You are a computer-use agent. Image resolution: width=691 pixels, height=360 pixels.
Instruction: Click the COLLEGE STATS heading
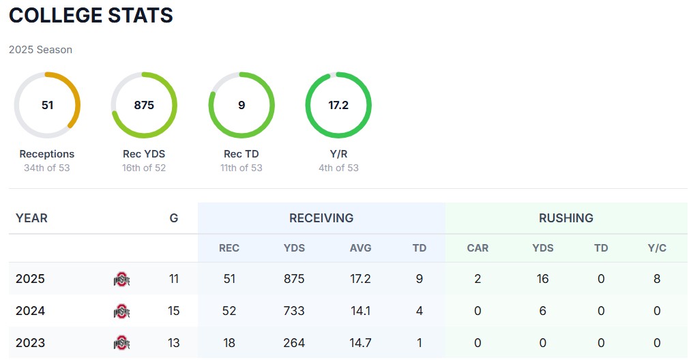(x=91, y=16)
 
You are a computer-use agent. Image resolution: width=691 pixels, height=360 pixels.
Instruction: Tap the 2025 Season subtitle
(x=40, y=50)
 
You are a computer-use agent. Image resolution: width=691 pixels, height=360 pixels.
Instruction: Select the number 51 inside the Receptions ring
(x=47, y=105)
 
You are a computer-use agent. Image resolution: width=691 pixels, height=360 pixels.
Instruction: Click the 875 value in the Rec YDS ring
(x=144, y=105)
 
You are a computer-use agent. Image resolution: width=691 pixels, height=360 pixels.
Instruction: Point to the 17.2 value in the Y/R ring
(x=338, y=105)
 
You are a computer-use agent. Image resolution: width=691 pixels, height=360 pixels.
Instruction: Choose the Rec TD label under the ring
(x=241, y=154)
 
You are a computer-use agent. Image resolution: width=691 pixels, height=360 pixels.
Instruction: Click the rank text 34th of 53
(x=47, y=168)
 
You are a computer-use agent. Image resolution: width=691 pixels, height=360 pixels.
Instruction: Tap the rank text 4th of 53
(x=338, y=168)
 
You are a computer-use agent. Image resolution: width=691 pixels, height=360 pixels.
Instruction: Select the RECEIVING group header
(x=321, y=218)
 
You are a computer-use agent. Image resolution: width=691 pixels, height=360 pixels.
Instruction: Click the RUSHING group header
(x=566, y=218)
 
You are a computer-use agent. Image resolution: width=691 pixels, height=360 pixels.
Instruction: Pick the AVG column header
(x=360, y=248)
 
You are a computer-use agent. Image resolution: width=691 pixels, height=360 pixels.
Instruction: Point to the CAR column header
(x=477, y=248)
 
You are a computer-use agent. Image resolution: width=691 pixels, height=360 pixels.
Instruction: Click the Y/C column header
(x=657, y=248)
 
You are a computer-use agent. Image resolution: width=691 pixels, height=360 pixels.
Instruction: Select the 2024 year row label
(x=30, y=311)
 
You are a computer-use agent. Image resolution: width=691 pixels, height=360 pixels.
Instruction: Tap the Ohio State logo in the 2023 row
(x=121, y=343)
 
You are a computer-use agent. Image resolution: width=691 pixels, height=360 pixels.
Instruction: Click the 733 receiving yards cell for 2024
(x=294, y=311)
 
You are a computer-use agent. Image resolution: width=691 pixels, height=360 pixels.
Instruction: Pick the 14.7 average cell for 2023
(x=360, y=343)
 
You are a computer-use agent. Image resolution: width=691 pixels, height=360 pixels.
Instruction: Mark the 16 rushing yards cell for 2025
(x=543, y=279)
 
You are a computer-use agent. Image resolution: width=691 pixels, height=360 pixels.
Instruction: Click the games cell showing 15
(x=174, y=311)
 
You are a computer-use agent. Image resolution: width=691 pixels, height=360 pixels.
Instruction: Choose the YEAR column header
(x=31, y=218)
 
